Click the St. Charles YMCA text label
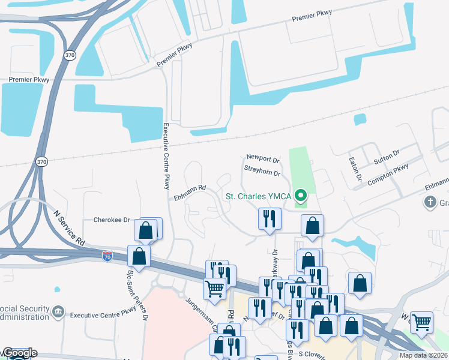click(258, 196)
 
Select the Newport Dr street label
click(263, 160)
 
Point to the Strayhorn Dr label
click(262, 173)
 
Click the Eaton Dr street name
click(354, 169)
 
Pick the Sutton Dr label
click(386, 158)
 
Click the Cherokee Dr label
click(112, 220)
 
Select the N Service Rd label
click(70, 227)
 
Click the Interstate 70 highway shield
click(107, 255)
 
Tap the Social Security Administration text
click(25, 313)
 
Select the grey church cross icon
click(430, 202)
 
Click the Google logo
click(19, 353)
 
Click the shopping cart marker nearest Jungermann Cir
click(214, 289)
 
